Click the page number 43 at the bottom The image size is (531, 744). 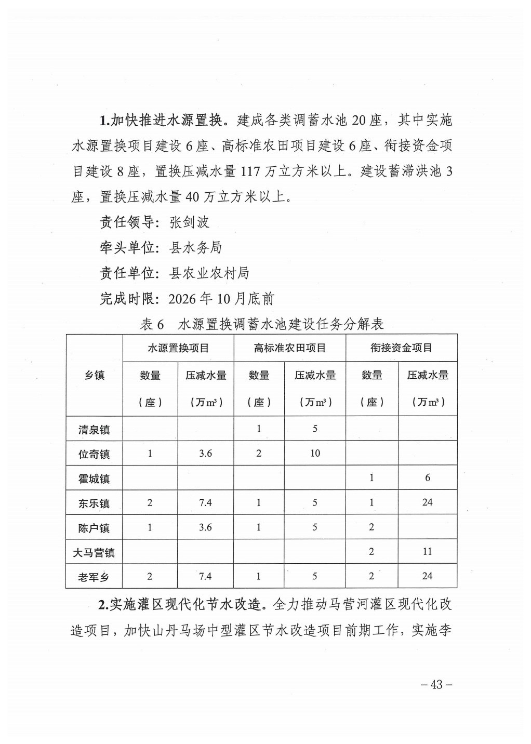pyautogui.click(x=436, y=684)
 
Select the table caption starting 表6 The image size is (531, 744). pyautogui.click(x=261, y=324)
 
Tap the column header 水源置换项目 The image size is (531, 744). pyautogui.click(x=178, y=348)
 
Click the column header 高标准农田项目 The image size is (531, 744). pyautogui.click(x=289, y=348)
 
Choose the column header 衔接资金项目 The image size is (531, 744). pyautogui.click(x=401, y=348)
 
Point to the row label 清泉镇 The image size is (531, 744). pyautogui.click(x=94, y=430)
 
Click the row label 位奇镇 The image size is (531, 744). pyautogui.click(x=94, y=454)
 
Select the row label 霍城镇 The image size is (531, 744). pyautogui.click(x=94, y=479)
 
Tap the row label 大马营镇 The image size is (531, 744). pyautogui.click(x=94, y=552)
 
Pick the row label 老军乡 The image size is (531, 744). pyautogui.click(x=94, y=577)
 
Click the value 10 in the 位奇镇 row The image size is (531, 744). pyautogui.click(x=315, y=453)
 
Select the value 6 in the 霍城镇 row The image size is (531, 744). pyautogui.click(x=427, y=477)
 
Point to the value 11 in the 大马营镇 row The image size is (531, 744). pyautogui.click(x=427, y=551)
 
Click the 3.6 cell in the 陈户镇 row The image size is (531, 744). pyautogui.click(x=205, y=527)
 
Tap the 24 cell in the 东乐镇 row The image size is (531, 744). pyautogui.click(x=427, y=502)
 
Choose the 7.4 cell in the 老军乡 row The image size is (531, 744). pyautogui.click(x=205, y=576)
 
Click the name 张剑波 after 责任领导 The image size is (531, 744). pyautogui.click(x=190, y=222)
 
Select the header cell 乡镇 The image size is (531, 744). pyautogui.click(x=94, y=375)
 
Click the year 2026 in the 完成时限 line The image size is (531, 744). pyautogui.click(x=183, y=299)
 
